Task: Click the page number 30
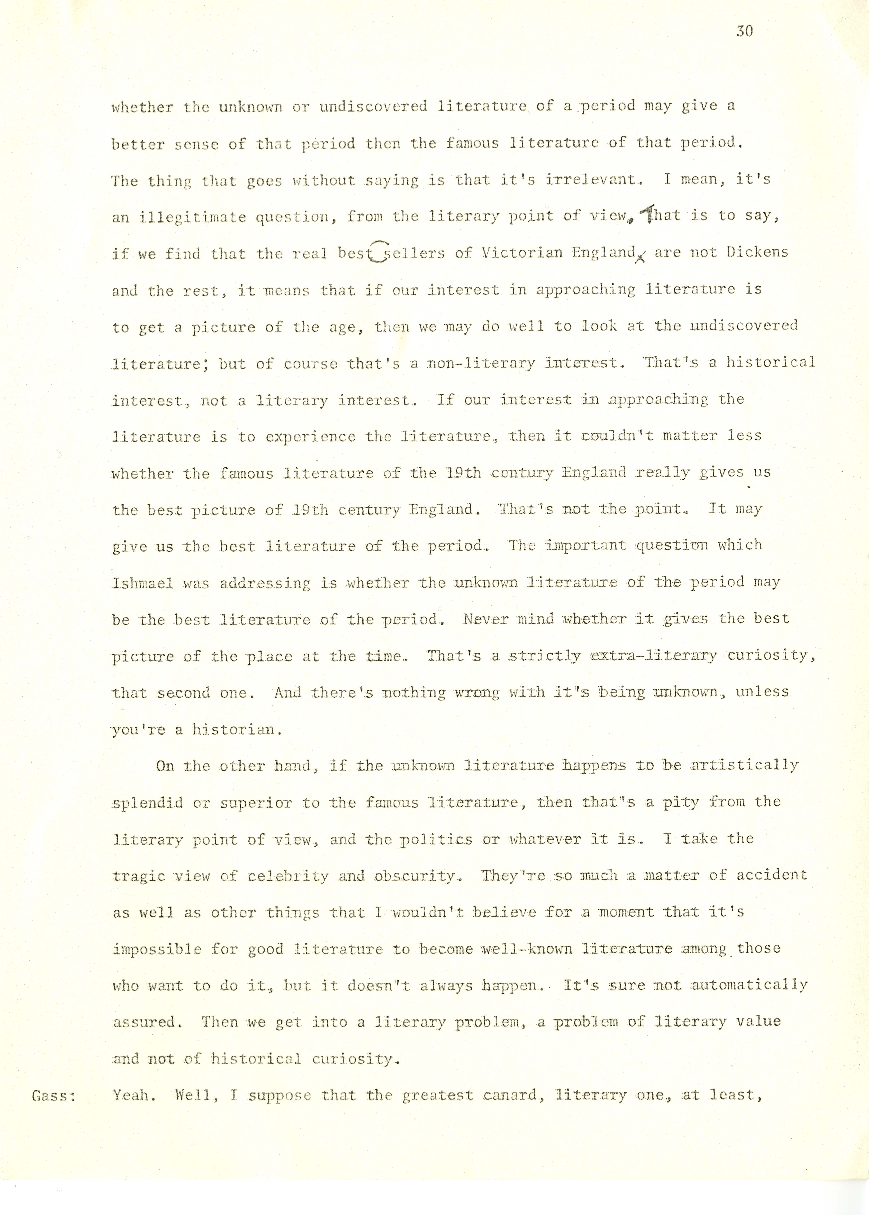(744, 32)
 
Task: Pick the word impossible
(157, 950)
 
